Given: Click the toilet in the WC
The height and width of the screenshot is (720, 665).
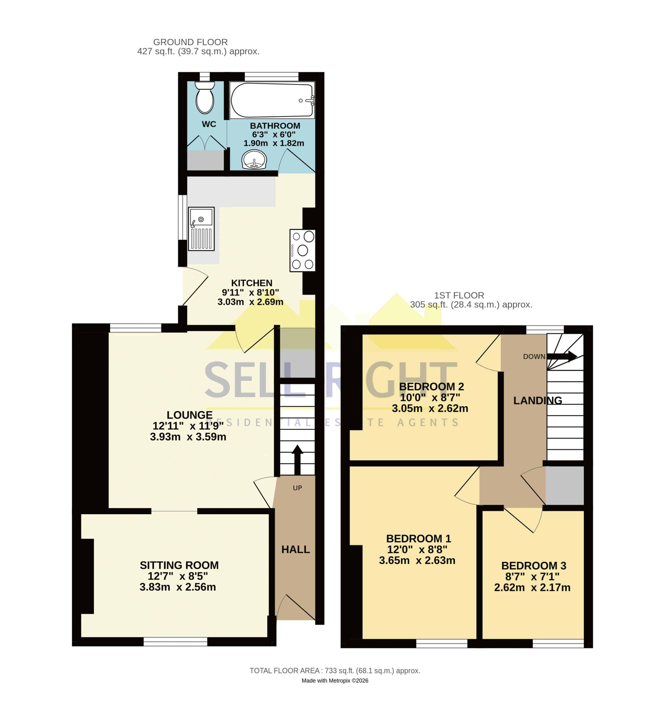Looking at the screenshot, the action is pos(204,97).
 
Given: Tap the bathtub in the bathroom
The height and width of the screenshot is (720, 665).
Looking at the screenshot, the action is pos(272,100).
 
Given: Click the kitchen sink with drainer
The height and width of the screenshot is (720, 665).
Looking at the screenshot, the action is pos(201,228).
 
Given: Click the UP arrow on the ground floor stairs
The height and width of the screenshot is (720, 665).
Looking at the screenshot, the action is pos(297,459).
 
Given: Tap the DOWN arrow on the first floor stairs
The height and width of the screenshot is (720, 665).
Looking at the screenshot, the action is pos(562,356).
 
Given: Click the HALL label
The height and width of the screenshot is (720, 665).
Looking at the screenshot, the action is pos(295,549).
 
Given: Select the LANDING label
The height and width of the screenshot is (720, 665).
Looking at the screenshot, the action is pos(537,400).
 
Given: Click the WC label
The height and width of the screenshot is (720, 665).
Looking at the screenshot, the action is pos(209,124).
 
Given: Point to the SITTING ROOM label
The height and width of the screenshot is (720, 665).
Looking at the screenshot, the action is pos(179,565).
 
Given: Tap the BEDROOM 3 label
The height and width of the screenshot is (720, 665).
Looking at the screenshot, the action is pos(534,566).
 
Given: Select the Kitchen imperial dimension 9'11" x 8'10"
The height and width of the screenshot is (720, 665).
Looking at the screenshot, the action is pos(250,292).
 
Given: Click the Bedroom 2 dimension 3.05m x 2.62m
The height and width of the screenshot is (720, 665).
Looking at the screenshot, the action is pos(430,408).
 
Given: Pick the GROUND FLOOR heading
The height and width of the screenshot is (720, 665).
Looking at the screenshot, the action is pos(190,42).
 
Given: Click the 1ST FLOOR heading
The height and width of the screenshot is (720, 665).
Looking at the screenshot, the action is pos(459,295).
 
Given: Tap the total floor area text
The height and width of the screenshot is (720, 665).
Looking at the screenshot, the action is pos(335,671).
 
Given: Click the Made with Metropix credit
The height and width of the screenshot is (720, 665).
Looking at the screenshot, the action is pos(335,681).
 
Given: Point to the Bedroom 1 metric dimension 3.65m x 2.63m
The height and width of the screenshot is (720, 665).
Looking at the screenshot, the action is pos(417,560).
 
